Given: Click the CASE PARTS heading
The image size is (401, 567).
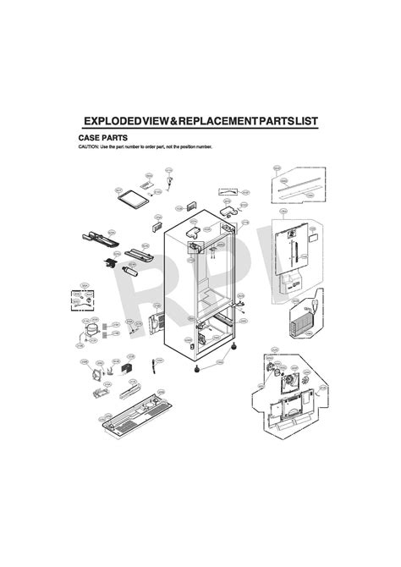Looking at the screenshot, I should click(x=100, y=137).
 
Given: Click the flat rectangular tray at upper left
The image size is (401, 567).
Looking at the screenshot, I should click(x=135, y=199).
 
